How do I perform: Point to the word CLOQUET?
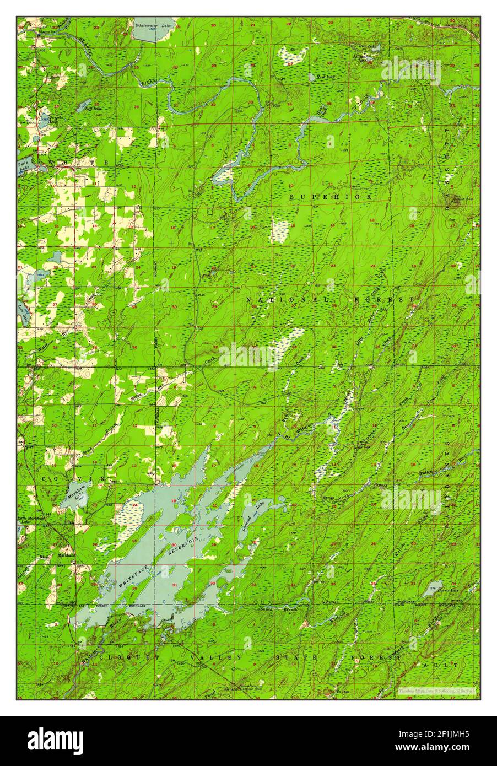[x=129, y=657]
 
